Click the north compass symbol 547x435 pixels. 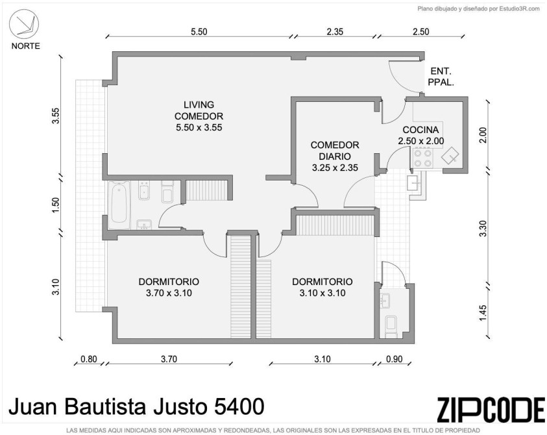(24, 24)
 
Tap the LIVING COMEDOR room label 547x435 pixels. (199, 116)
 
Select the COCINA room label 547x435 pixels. (420, 136)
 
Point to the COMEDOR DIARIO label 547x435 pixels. (335, 156)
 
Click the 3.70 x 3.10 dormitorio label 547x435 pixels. (169, 288)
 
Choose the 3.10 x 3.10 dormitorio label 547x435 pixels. (322, 288)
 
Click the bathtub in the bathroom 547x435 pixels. (119, 205)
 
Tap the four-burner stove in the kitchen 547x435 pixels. (423, 158)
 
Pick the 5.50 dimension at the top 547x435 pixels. (199, 32)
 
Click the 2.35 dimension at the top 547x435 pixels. (335, 32)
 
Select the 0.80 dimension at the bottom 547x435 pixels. (89, 359)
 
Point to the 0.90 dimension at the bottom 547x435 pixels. (395, 359)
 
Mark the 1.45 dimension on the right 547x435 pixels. (483, 313)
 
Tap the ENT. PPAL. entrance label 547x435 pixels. (441, 77)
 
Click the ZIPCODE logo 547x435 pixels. (491, 409)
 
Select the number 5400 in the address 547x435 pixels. (239, 406)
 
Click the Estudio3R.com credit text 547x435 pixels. (520, 9)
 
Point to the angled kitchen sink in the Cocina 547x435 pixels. (450, 155)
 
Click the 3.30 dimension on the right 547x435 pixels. (483, 229)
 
